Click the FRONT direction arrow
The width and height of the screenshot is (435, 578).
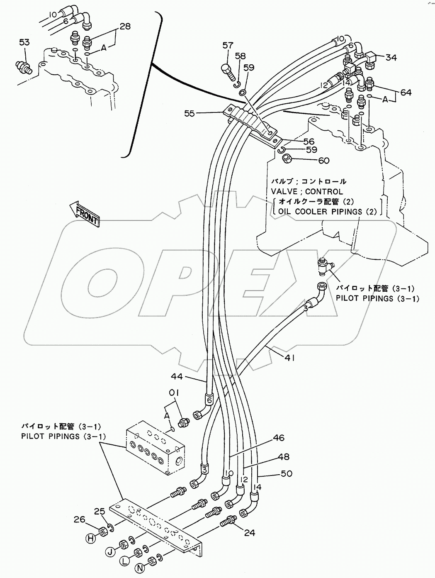85,214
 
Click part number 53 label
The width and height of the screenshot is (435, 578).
24,42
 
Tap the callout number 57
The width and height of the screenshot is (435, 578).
228,46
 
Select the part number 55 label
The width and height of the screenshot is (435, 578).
190,113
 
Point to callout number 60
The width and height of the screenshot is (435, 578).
323,161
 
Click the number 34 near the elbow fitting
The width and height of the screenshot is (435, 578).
391,58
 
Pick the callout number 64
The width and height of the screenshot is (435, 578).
406,93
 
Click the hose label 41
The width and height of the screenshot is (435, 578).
289,357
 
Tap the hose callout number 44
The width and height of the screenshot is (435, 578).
177,376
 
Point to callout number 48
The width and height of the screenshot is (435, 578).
283,457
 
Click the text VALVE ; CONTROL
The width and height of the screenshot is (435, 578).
307,192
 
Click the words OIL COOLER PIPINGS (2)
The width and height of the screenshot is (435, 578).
328,212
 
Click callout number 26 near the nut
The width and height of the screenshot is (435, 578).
80,519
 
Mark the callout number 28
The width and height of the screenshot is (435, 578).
124,27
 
